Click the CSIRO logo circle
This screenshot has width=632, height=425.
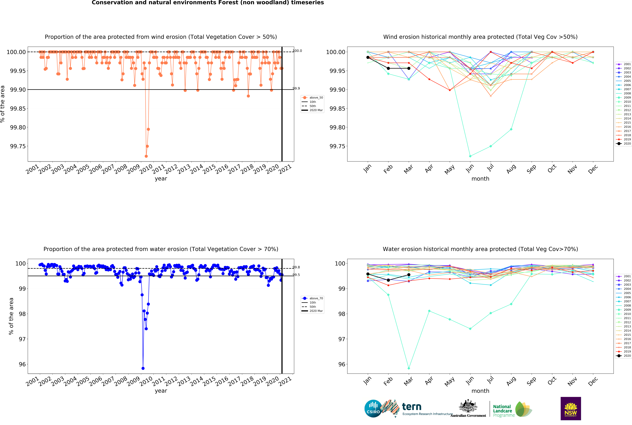click(373, 408)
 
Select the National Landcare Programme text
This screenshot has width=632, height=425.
click(504, 411)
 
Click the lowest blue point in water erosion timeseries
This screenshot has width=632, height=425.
click(143, 368)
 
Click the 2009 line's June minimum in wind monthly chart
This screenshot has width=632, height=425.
click(470, 156)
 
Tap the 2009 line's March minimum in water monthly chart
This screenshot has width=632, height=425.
click(409, 368)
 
